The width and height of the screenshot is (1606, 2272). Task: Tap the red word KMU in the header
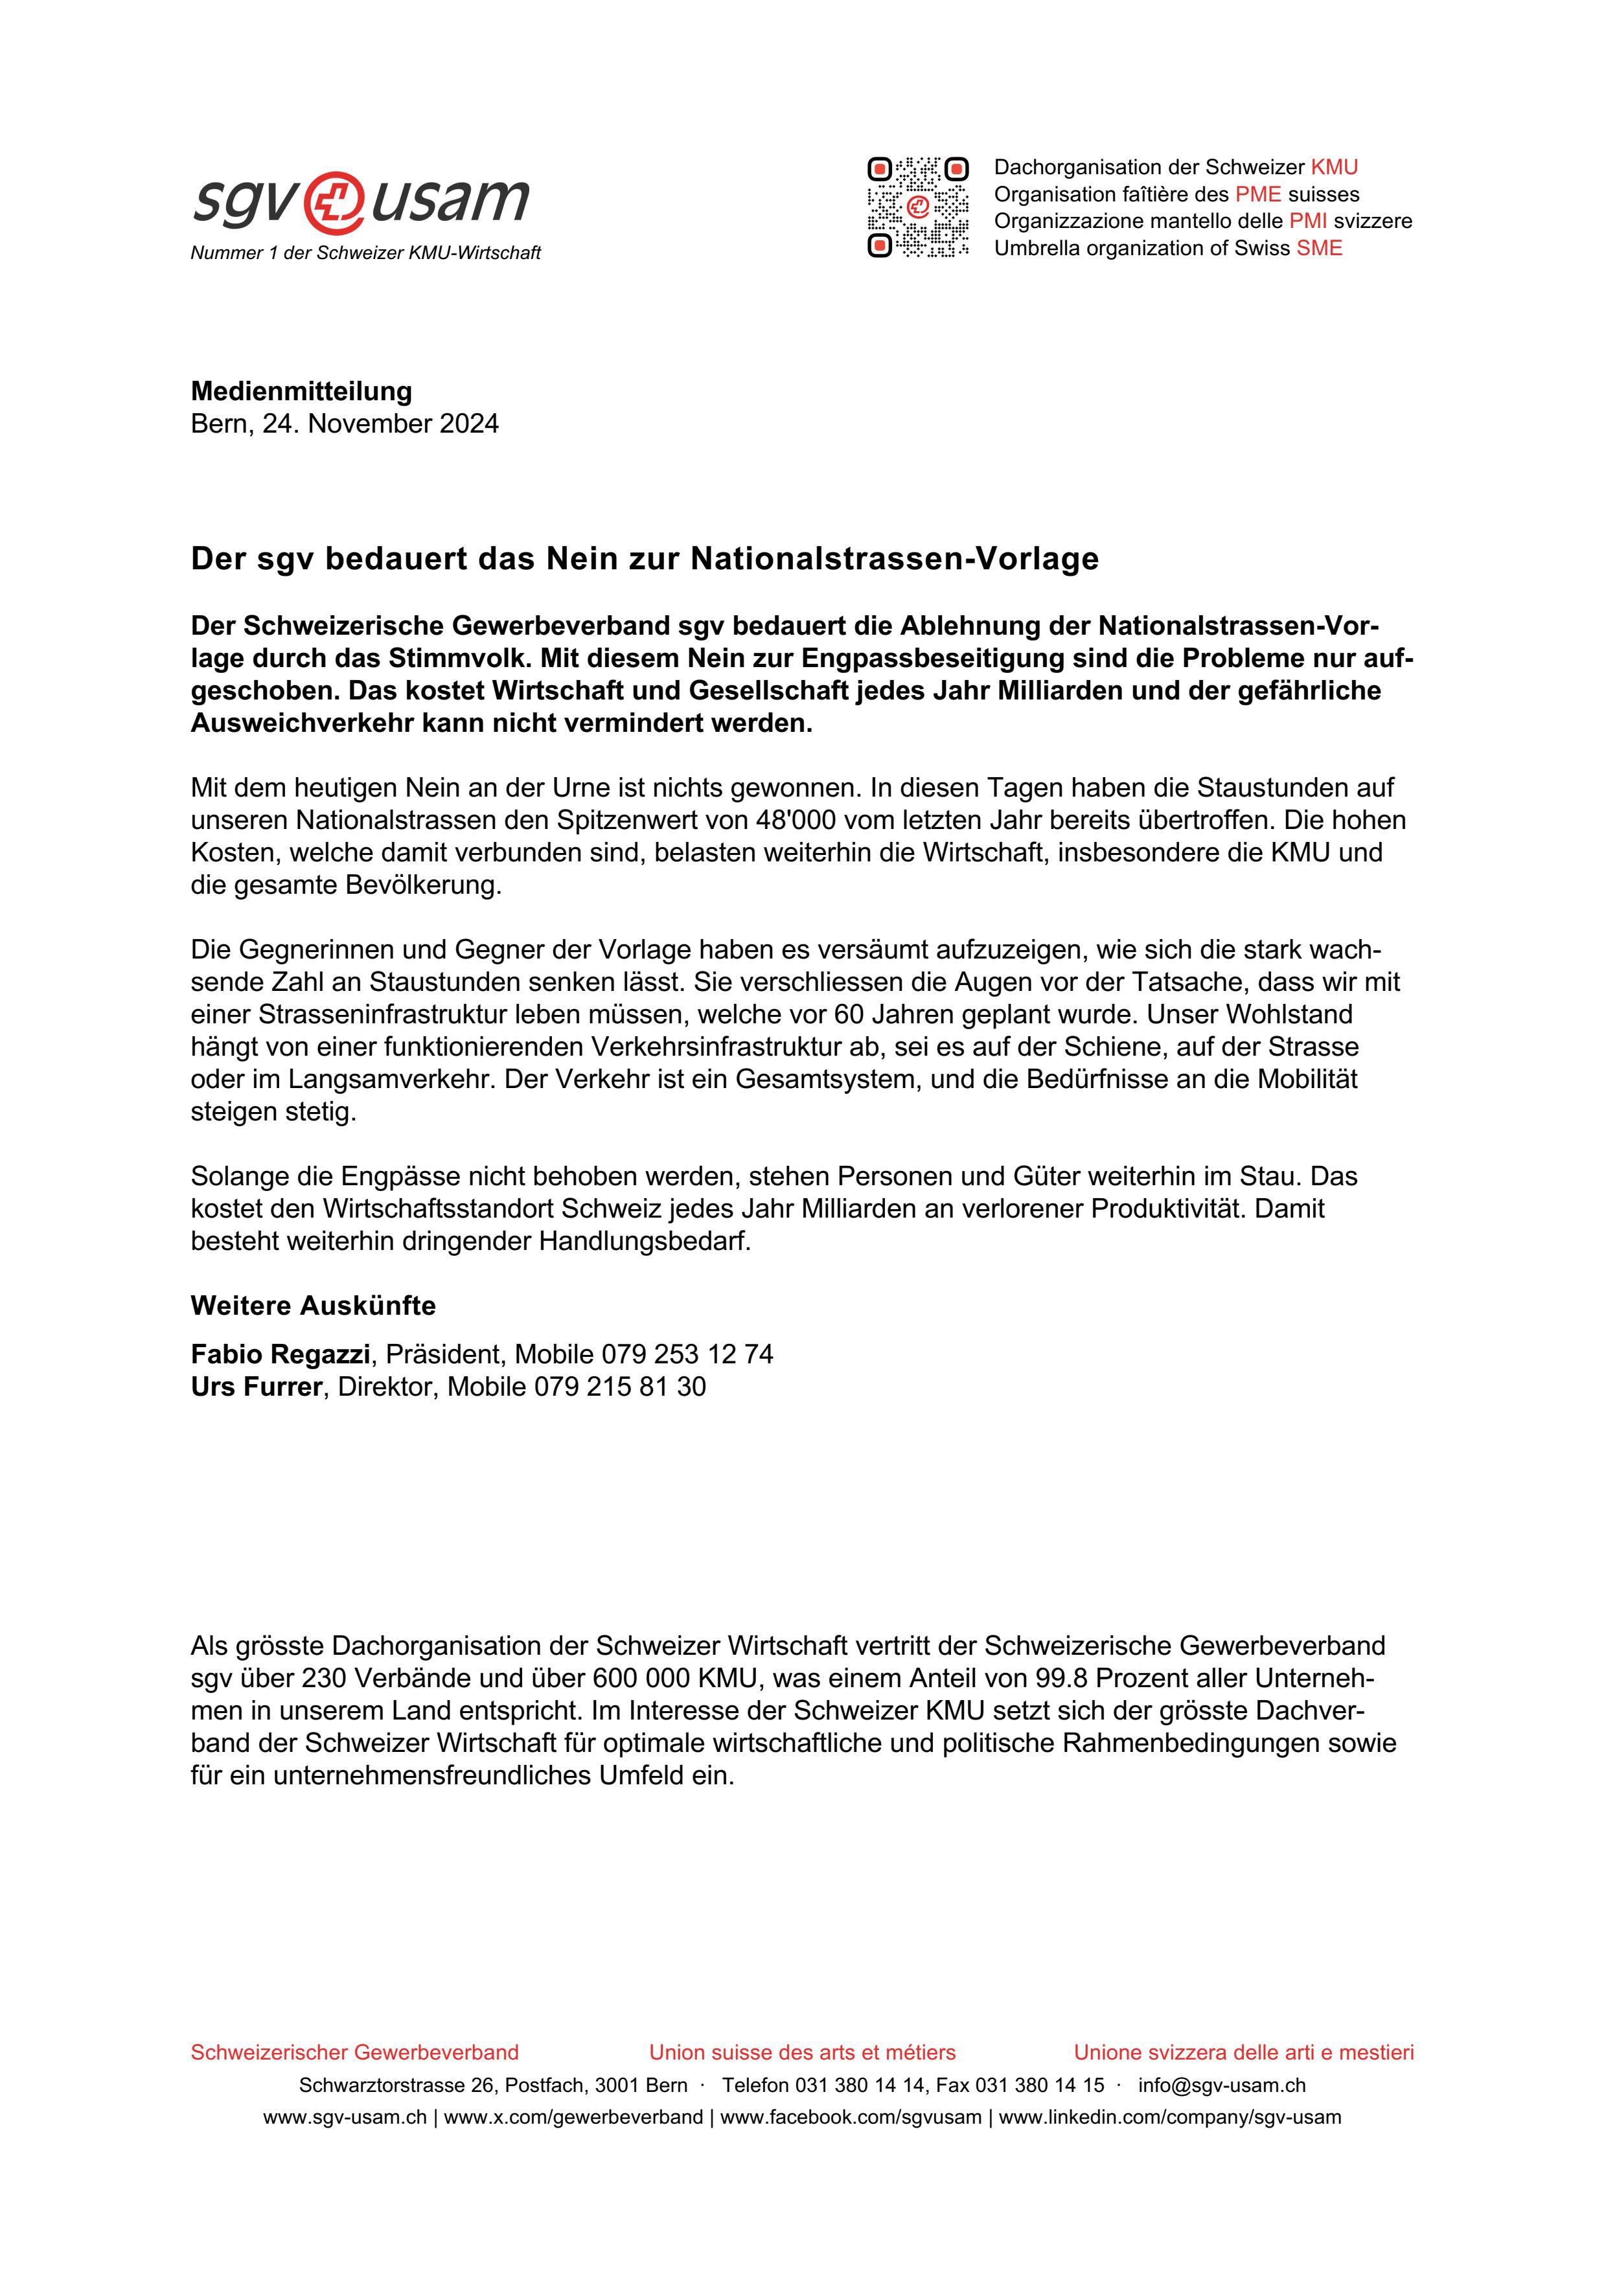click(x=1334, y=167)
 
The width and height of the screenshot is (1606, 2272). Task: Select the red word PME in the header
click(x=1257, y=194)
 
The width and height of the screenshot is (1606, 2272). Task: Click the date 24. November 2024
click(x=380, y=424)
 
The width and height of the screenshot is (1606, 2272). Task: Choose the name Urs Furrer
click(x=257, y=1387)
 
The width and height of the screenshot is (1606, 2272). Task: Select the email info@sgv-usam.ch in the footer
click(x=1221, y=2085)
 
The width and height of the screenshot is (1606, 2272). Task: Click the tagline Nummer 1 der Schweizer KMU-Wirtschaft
click(x=365, y=253)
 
